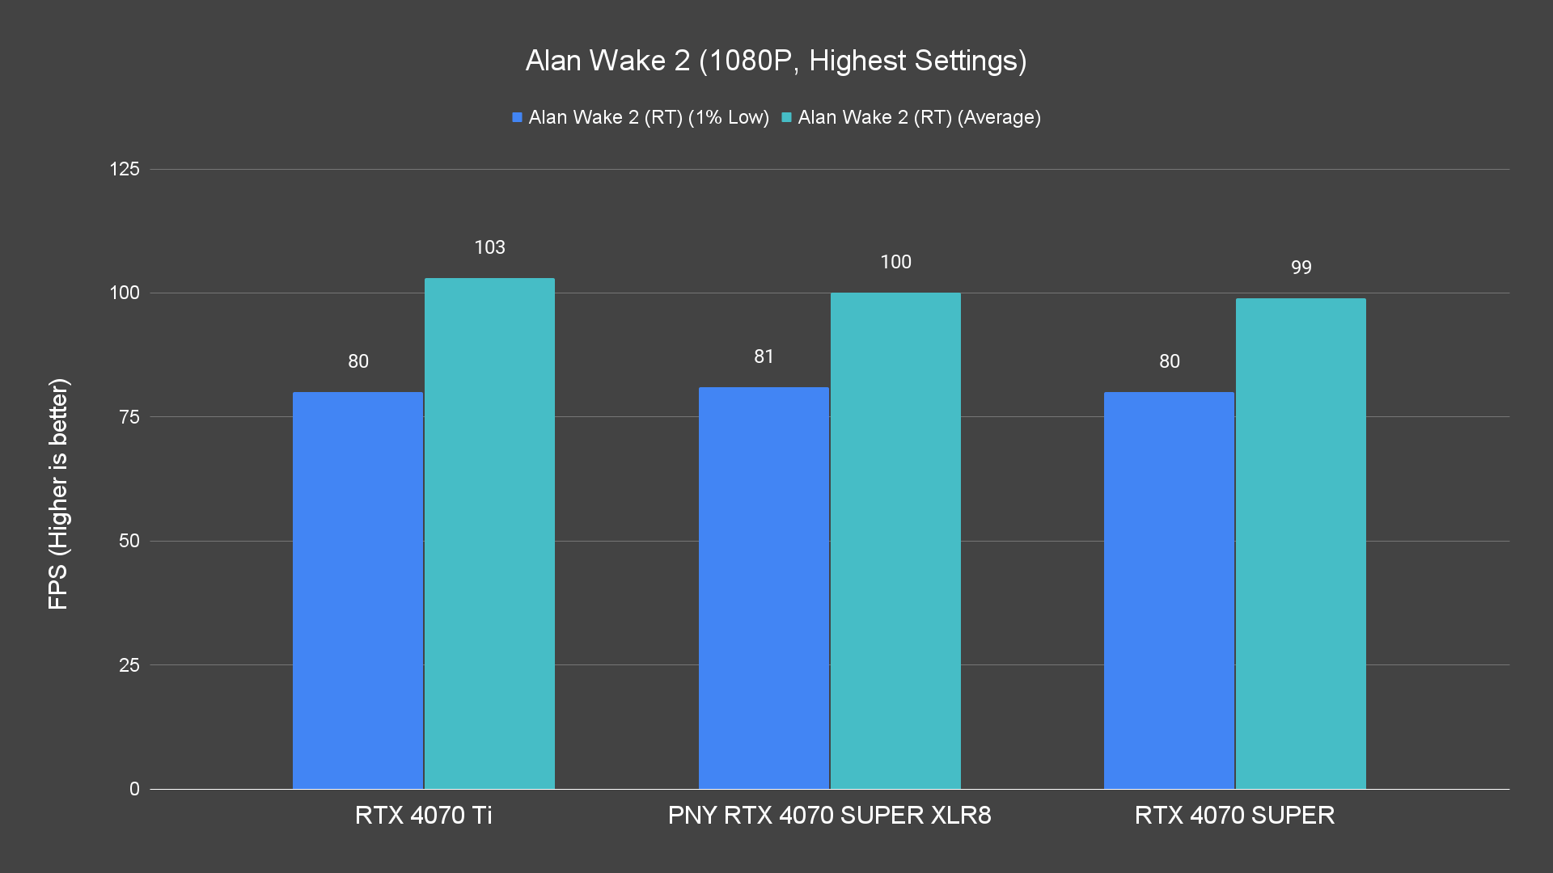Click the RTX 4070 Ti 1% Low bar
358,590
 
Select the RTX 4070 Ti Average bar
489,533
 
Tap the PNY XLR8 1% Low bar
764,588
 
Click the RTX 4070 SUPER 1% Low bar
1169,590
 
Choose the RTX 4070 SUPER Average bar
1301,543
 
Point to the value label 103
489,247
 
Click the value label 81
764,356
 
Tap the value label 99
1301,268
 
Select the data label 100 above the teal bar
895,262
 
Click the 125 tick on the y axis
125,169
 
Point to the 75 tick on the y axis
129,417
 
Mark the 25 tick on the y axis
129,665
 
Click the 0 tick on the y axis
134,789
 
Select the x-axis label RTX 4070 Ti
423,815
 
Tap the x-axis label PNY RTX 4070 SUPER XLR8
829,815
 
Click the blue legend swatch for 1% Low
517,118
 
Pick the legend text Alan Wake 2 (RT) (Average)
919,117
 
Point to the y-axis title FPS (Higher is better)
58,493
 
